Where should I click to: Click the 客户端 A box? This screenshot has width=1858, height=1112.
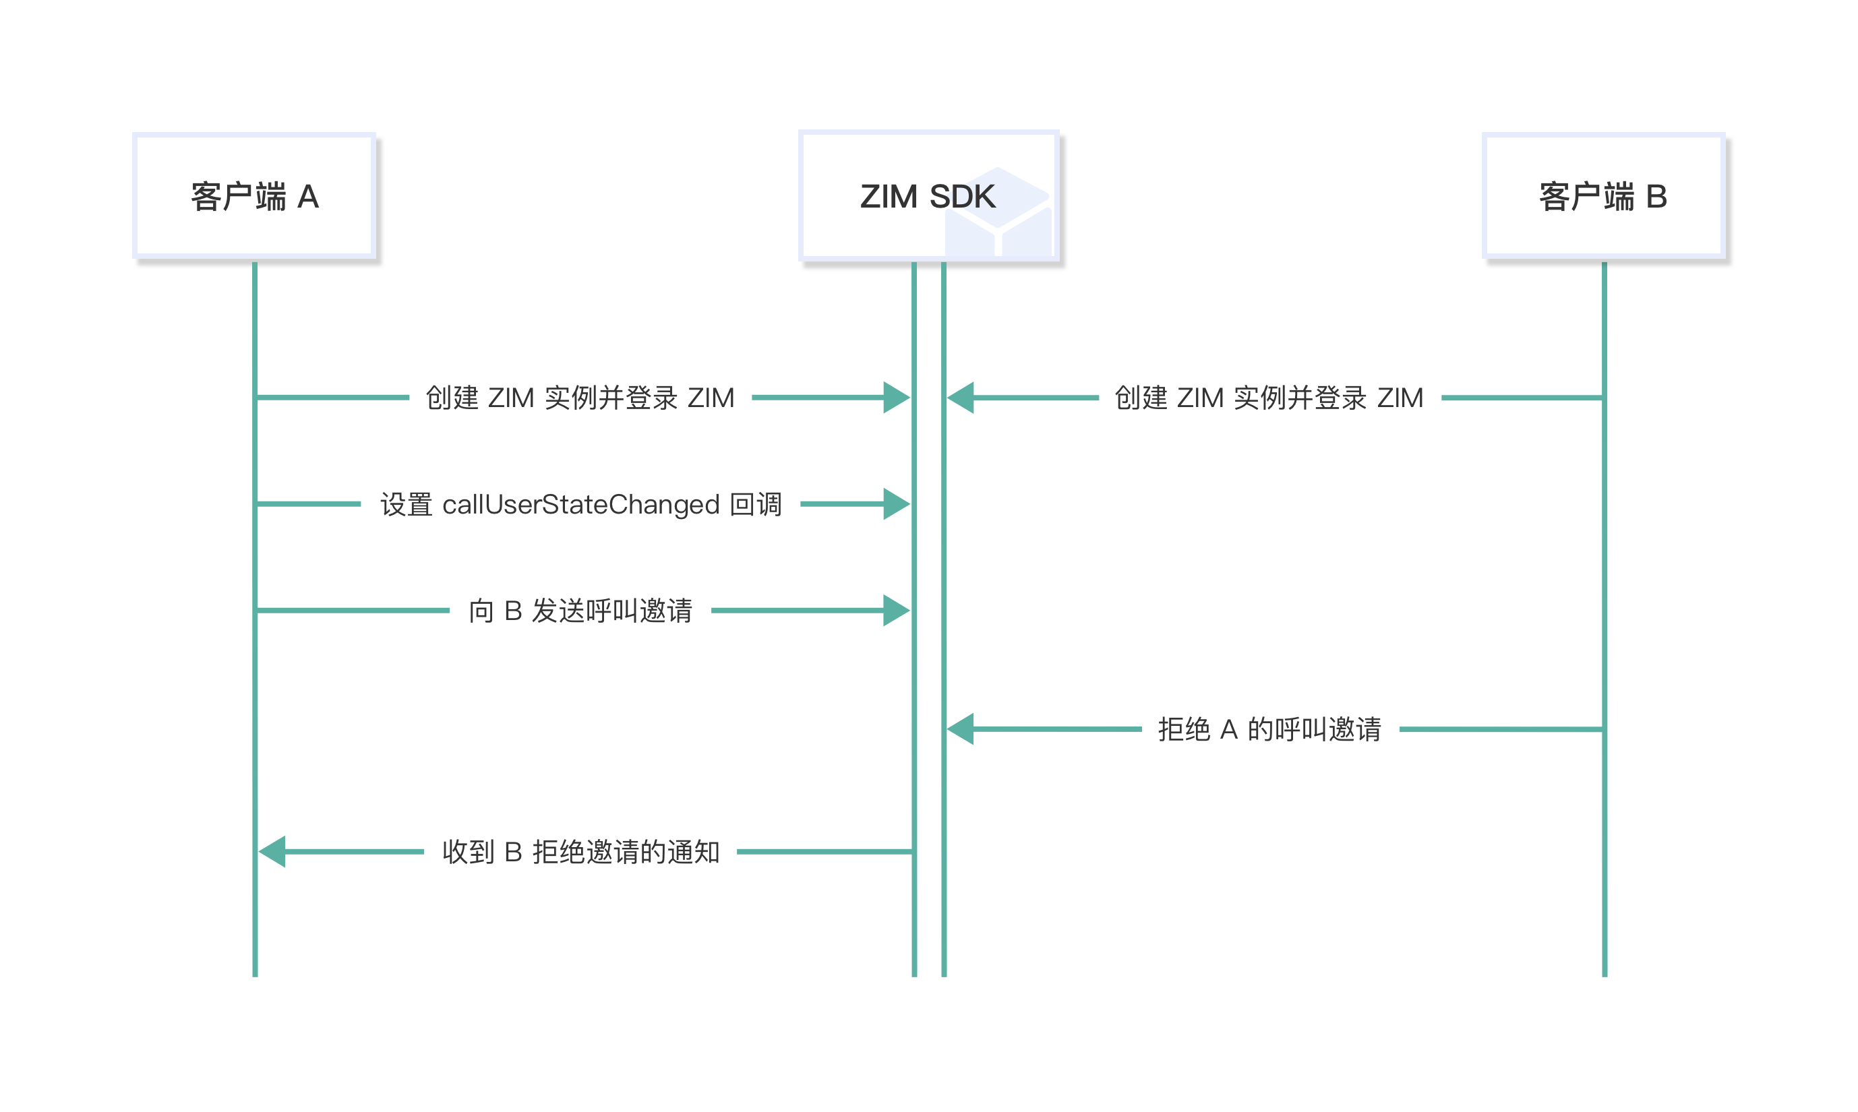click(x=254, y=196)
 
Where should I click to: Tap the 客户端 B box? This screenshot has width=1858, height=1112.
click(x=1603, y=196)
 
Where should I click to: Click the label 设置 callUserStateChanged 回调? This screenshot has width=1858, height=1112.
click(x=581, y=504)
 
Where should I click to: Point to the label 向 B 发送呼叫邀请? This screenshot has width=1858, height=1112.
click(x=581, y=611)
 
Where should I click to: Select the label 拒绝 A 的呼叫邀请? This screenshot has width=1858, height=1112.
click(x=1269, y=729)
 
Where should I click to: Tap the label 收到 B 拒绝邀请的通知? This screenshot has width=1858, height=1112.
click(x=581, y=852)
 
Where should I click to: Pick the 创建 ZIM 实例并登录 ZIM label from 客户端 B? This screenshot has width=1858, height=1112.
click(x=1269, y=398)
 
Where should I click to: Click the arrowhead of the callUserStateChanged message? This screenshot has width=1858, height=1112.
click(x=897, y=504)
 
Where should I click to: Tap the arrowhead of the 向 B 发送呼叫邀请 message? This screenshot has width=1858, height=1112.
click(x=897, y=611)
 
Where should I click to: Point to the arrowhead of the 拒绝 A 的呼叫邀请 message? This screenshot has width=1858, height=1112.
click(x=961, y=729)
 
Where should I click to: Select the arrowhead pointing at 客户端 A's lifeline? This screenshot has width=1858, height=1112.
click(x=273, y=852)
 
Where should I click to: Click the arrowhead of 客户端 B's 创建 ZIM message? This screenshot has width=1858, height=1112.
click(x=961, y=398)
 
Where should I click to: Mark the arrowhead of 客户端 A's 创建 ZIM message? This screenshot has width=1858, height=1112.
click(x=897, y=398)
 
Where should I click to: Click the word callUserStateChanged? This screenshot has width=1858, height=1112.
click(x=581, y=504)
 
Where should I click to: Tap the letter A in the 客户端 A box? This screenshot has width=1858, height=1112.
click(x=308, y=197)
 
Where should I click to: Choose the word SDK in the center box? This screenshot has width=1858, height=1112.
click(x=962, y=196)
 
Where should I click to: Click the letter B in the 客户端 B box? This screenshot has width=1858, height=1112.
click(x=1656, y=197)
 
